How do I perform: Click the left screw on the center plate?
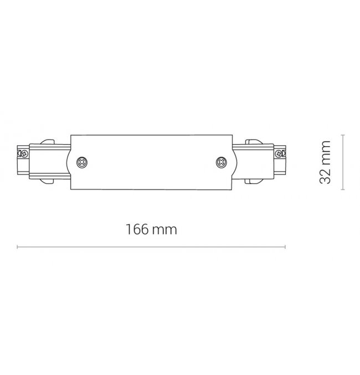pyautogui.click(x=82, y=163)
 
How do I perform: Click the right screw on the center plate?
pyautogui.click(x=222, y=163)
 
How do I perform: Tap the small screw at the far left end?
pyautogui.click(x=24, y=154)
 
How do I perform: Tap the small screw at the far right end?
pyautogui.click(x=279, y=154)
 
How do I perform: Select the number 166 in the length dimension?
pyautogui.click(x=137, y=229)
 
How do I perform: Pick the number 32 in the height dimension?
pyautogui.click(x=325, y=176)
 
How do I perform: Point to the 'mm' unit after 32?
pyautogui.click(x=326, y=153)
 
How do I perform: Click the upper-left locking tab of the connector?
pyautogui.click(x=48, y=142)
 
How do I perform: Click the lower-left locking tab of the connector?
pyautogui.click(x=48, y=181)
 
